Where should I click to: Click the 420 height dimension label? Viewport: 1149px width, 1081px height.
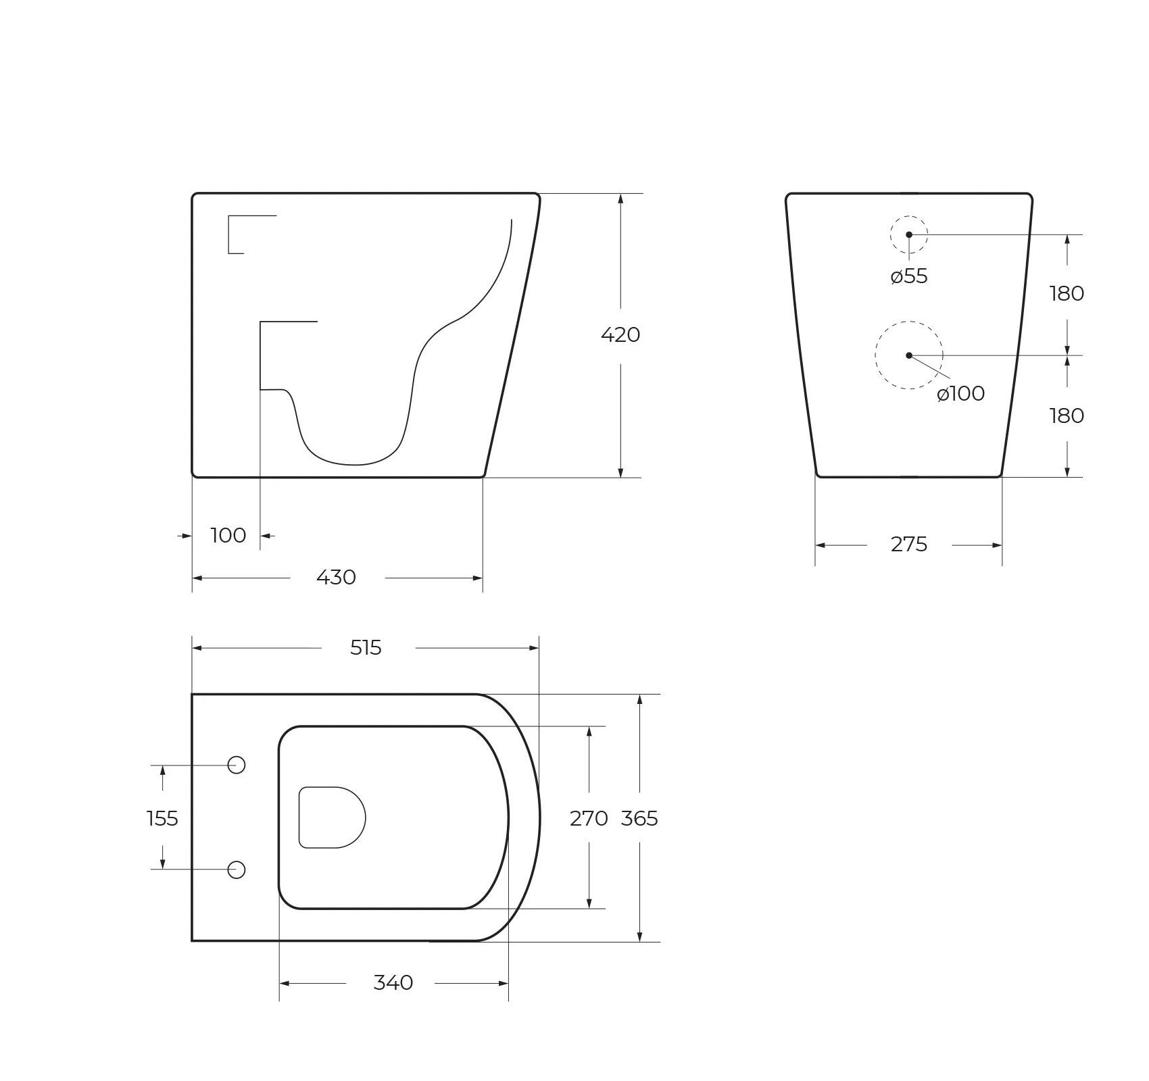(x=620, y=335)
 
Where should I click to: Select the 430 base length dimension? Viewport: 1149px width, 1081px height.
(x=336, y=578)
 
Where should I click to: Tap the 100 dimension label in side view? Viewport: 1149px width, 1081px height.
(x=228, y=536)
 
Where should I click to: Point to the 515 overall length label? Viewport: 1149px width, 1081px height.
(x=366, y=648)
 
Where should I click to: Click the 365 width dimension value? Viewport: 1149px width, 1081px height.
(x=639, y=819)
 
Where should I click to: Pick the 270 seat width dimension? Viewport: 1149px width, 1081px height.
(x=589, y=819)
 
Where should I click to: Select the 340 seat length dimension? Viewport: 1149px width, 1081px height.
(x=393, y=983)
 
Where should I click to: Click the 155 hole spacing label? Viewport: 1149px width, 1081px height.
(x=162, y=819)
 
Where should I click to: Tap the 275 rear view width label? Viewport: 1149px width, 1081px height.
(x=909, y=545)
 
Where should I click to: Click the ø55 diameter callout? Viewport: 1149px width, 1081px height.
(x=909, y=276)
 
